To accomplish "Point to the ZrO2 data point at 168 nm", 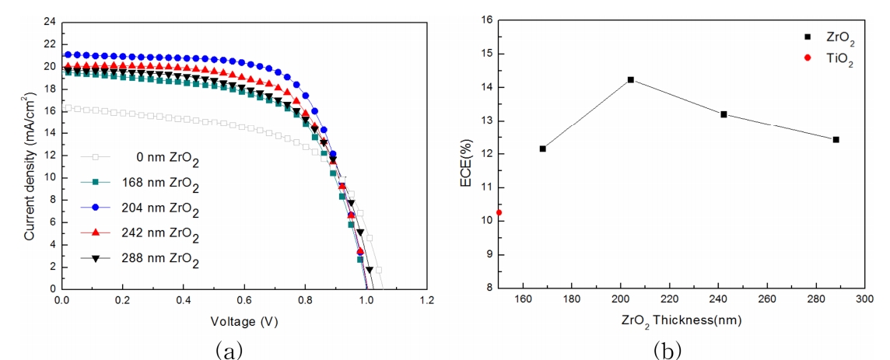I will [542, 149].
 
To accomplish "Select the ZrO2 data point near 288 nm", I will [836, 139].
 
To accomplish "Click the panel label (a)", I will [230, 349].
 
